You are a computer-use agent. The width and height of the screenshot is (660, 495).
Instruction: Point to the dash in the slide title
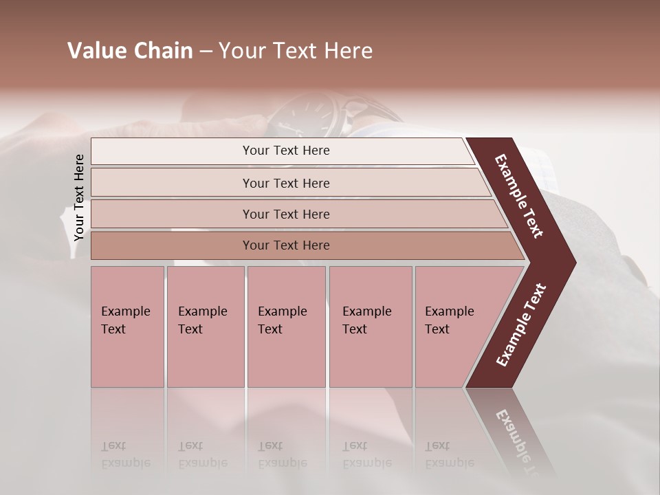[x=206, y=52]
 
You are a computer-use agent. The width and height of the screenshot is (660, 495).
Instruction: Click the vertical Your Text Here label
[x=79, y=197]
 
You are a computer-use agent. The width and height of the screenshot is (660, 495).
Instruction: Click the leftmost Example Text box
[x=127, y=327]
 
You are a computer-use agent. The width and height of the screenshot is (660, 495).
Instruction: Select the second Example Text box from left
[x=205, y=327]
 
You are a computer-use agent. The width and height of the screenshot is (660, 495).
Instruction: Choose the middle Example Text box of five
[x=286, y=327]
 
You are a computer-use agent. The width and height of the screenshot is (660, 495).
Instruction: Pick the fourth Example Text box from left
[x=371, y=327]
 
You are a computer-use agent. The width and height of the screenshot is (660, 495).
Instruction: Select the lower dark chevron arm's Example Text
[x=521, y=324]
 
